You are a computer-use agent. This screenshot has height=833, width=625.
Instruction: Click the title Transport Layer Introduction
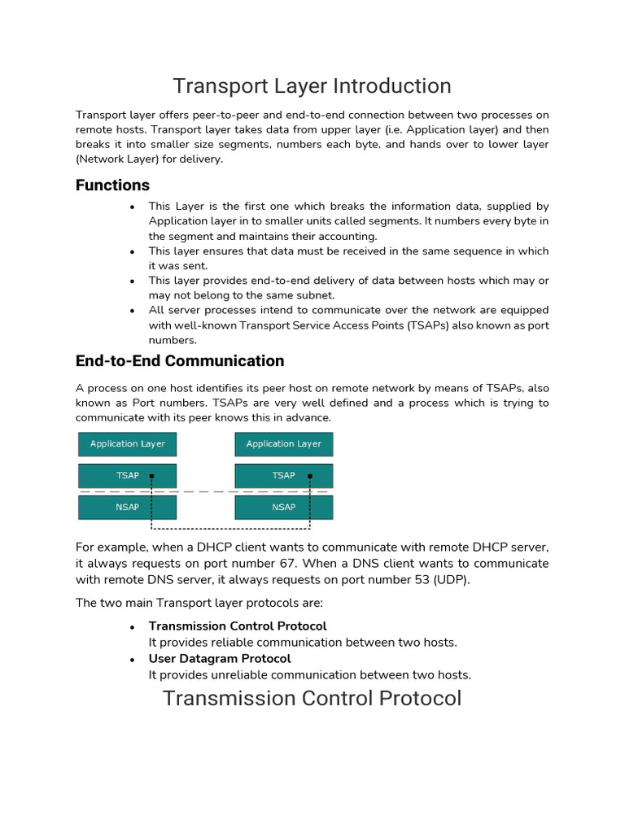click(312, 86)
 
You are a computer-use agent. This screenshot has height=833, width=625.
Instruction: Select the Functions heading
click(112, 185)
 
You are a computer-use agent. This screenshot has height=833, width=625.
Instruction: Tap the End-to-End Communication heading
click(180, 361)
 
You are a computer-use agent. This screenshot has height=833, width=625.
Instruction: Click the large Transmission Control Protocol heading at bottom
click(312, 698)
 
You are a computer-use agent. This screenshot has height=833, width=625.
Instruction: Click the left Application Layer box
click(127, 444)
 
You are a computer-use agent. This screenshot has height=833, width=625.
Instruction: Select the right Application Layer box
click(283, 444)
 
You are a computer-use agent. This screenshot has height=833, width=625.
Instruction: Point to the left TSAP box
click(127, 476)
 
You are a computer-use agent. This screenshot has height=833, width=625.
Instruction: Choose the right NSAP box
click(283, 508)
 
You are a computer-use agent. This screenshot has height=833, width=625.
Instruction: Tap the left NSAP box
click(127, 508)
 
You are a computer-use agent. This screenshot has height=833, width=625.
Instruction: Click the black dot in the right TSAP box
click(309, 476)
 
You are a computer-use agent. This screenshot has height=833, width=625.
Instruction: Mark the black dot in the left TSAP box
click(151, 476)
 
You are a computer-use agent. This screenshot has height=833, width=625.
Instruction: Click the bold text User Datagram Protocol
click(219, 658)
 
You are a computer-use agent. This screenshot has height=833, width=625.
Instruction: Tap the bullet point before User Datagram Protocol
click(132, 660)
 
